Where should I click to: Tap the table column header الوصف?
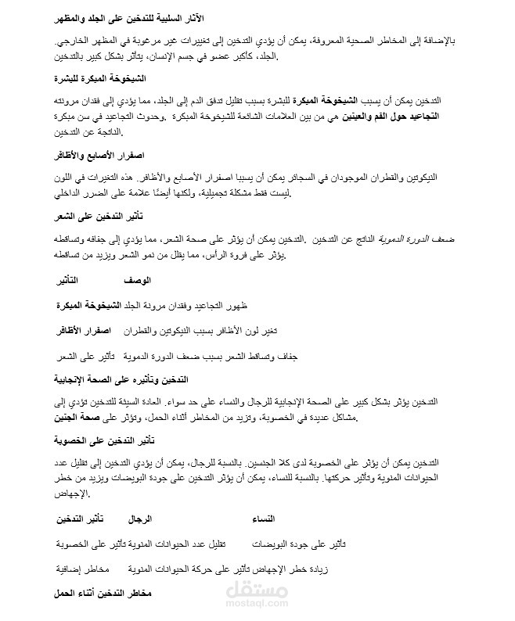pos(138,279)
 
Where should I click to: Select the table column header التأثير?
pos(71,279)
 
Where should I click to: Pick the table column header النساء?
pos(264,519)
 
